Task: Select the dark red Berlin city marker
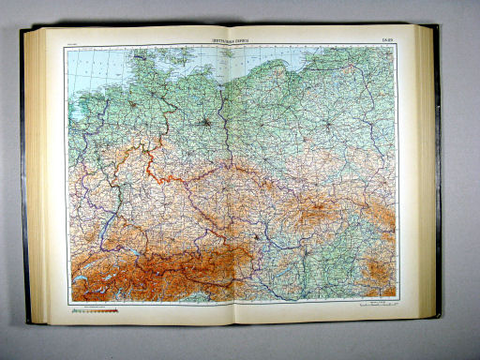pyautogui.click(x=207, y=119)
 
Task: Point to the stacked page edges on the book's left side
pyautogui.click(x=34, y=178)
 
